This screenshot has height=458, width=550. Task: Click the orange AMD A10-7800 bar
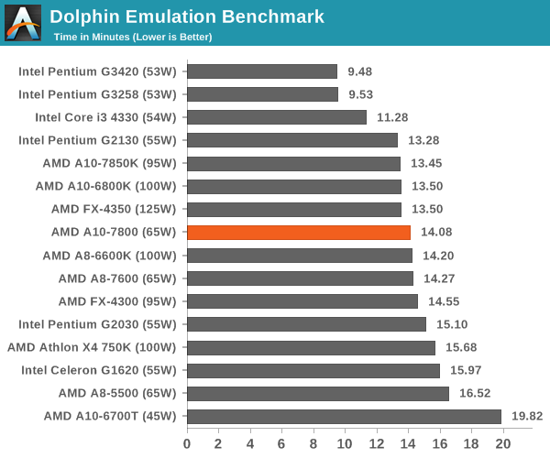click(x=299, y=233)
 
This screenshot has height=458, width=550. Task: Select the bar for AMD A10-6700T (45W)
click(x=344, y=417)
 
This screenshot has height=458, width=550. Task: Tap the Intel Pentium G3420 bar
click(x=262, y=71)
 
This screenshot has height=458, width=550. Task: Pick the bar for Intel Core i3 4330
click(x=277, y=117)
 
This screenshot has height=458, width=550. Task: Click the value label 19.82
click(x=527, y=416)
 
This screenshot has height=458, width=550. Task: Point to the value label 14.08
click(x=436, y=232)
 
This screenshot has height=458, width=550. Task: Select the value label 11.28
click(x=392, y=117)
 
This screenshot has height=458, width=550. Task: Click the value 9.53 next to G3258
click(x=360, y=94)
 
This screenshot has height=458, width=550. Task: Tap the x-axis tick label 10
click(x=345, y=444)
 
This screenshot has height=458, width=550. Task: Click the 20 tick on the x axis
click(x=503, y=444)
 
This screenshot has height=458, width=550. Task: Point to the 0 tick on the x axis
click(x=187, y=444)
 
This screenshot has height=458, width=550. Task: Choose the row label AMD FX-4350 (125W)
click(x=114, y=209)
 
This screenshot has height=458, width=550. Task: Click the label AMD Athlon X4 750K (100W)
click(x=92, y=347)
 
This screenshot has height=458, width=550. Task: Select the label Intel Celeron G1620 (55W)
click(x=99, y=370)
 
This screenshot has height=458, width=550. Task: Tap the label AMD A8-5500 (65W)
click(x=117, y=393)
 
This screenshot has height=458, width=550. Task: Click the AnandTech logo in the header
click(x=23, y=23)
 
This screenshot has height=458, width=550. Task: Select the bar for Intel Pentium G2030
click(x=306, y=324)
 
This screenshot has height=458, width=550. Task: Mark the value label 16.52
click(x=475, y=393)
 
